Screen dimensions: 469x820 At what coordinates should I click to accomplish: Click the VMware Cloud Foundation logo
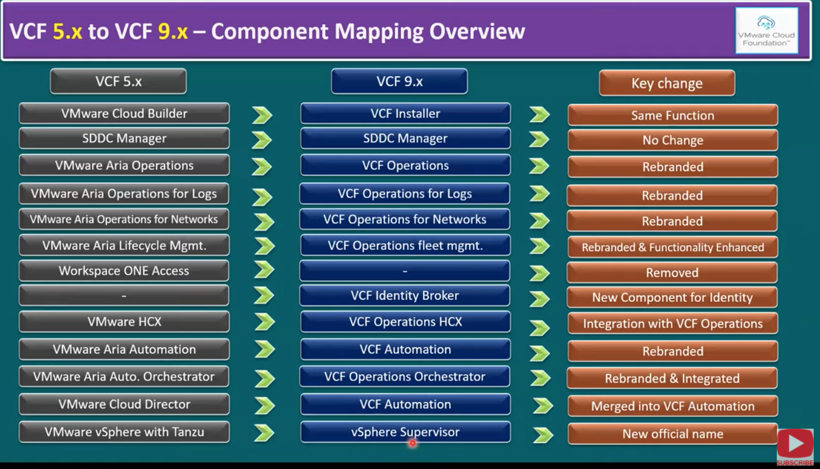pyautogui.click(x=766, y=31)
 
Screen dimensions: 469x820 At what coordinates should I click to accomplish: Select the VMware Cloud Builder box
pyautogui.click(x=124, y=114)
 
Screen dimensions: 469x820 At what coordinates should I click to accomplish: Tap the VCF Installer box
pyautogui.click(x=405, y=114)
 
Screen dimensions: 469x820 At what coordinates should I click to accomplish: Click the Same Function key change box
pyautogui.click(x=672, y=115)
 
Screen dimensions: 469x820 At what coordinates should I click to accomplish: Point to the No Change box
pyautogui.click(x=672, y=140)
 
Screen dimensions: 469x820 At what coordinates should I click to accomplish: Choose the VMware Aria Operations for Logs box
pyautogui.click(x=124, y=194)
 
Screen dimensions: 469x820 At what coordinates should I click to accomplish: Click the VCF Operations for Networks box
pyautogui.click(x=404, y=220)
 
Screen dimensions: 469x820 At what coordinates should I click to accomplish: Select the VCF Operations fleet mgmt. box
pyautogui.click(x=405, y=245)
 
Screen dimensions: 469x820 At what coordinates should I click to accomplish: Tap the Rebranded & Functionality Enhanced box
pyautogui.click(x=672, y=247)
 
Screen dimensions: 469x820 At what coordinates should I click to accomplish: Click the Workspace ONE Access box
pyautogui.click(x=124, y=271)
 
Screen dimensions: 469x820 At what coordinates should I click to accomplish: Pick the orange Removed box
pyautogui.click(x=672, y=273)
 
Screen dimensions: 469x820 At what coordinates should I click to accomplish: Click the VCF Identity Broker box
pyautogui.click(x=405, y=296)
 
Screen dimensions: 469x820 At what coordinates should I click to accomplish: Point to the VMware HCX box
pyautogui.click(x=124, y=322)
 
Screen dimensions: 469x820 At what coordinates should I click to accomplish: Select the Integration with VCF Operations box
pyautogui.click(x=672, y=323)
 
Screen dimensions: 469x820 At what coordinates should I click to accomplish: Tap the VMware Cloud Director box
pyautogui.click(x=124, y=404)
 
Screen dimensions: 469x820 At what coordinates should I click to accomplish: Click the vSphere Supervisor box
pyautogui.click(x=405, y=432)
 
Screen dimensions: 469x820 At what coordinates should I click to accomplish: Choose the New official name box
pyautogui.click(x=672, y=434)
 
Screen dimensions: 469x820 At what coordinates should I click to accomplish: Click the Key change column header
pyautogui.click(x=667, y=83)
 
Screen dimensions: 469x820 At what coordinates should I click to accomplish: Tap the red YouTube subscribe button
pyautogui.click(x=795, y=445)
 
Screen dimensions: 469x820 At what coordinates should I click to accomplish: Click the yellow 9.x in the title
pyautogui.click(x=173, y=31)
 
